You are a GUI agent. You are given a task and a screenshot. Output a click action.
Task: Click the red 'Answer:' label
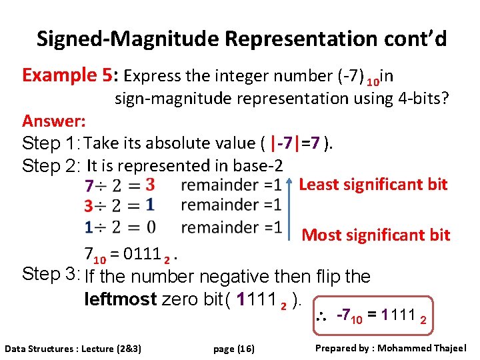pos(53,121)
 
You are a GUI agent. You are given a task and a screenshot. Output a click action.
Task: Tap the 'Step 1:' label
pos(51,143)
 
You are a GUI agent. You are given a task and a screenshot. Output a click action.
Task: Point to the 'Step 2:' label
pos(51,165)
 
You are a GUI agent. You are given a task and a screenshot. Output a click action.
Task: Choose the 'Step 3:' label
pos(51,274)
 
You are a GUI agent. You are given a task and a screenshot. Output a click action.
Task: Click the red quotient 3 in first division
pos(150,183)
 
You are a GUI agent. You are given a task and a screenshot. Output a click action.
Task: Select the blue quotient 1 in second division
pos(150,204)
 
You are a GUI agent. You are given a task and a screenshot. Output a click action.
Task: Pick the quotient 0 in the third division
pos(151,227)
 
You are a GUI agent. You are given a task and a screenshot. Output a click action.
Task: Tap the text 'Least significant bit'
pos(373,185)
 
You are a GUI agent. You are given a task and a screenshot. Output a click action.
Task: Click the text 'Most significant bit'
pos(376,235)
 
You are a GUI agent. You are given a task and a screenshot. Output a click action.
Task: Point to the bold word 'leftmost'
pos(121,299)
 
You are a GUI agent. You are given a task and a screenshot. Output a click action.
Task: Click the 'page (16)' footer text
pos(233,349)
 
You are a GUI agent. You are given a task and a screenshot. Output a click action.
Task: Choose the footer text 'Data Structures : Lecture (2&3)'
pos(77,349)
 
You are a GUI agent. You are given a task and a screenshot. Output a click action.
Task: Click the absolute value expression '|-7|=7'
pos(296,143)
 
